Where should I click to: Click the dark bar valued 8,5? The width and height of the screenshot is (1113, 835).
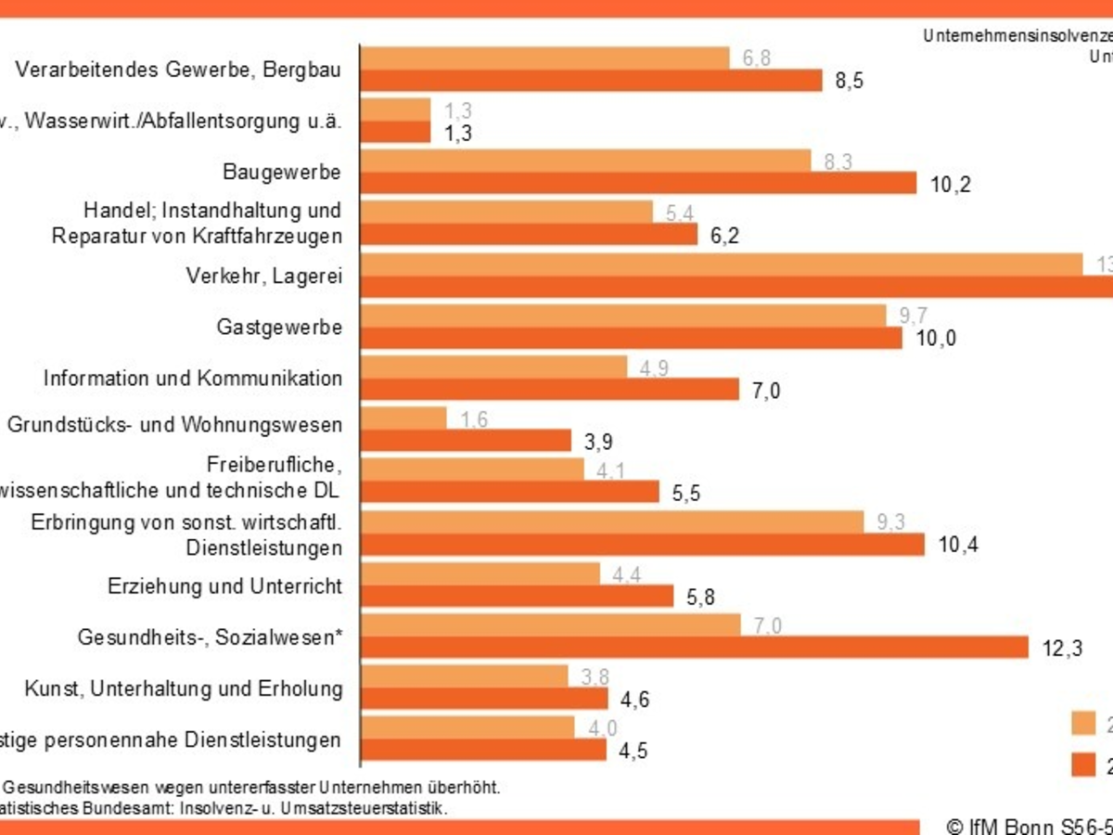591,81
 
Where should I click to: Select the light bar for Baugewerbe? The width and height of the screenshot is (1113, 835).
585,161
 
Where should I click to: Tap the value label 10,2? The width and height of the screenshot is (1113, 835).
950,185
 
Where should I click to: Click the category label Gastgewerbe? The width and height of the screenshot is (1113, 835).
279,328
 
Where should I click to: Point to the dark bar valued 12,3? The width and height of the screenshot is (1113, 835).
694,647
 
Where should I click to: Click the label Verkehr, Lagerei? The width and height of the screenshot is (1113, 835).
263,276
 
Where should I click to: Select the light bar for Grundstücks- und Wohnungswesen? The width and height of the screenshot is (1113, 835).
403,418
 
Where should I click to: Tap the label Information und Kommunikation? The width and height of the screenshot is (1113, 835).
193,379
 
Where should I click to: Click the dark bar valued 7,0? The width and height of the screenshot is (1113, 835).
549,390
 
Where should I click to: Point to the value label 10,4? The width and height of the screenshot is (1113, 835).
958,545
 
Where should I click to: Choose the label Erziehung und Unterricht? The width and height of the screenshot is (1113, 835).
224,586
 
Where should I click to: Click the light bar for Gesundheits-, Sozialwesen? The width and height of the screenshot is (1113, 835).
550,625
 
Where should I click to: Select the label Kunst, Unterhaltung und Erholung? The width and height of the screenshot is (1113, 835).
183,689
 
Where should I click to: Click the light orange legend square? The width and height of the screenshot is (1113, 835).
1083,724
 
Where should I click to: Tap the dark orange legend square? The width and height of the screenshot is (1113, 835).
1083,764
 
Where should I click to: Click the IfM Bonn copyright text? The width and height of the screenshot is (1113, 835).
1028,826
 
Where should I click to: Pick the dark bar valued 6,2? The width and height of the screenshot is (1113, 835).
529,235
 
